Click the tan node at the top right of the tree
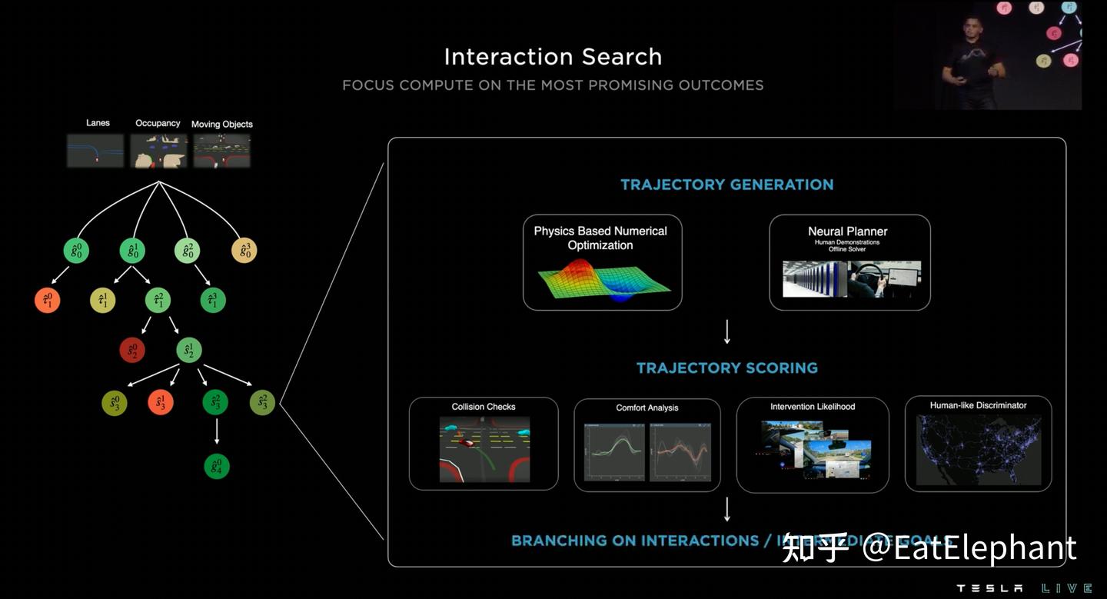coord(244,251)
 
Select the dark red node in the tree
coord(132,351)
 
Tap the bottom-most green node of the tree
coord(217,466)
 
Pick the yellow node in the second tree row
coord(103,301)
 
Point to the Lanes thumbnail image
coord(95,151)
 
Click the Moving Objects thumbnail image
coord(221,151)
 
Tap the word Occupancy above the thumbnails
coord(158,123)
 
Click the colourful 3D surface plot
coord(603,281)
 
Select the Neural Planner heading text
coord(847,231)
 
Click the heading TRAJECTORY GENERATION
coord(726,185)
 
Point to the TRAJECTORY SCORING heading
coord(726,368)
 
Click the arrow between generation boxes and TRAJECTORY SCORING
coord(726,332)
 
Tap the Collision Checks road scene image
coord(484,449)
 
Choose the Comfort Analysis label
coord(647,408)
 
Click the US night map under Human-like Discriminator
coord(978,450)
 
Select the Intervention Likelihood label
coord(813,407)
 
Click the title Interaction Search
coord(553,57)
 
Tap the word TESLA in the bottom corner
coord(989,588)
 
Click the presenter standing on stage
coord(970,62)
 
